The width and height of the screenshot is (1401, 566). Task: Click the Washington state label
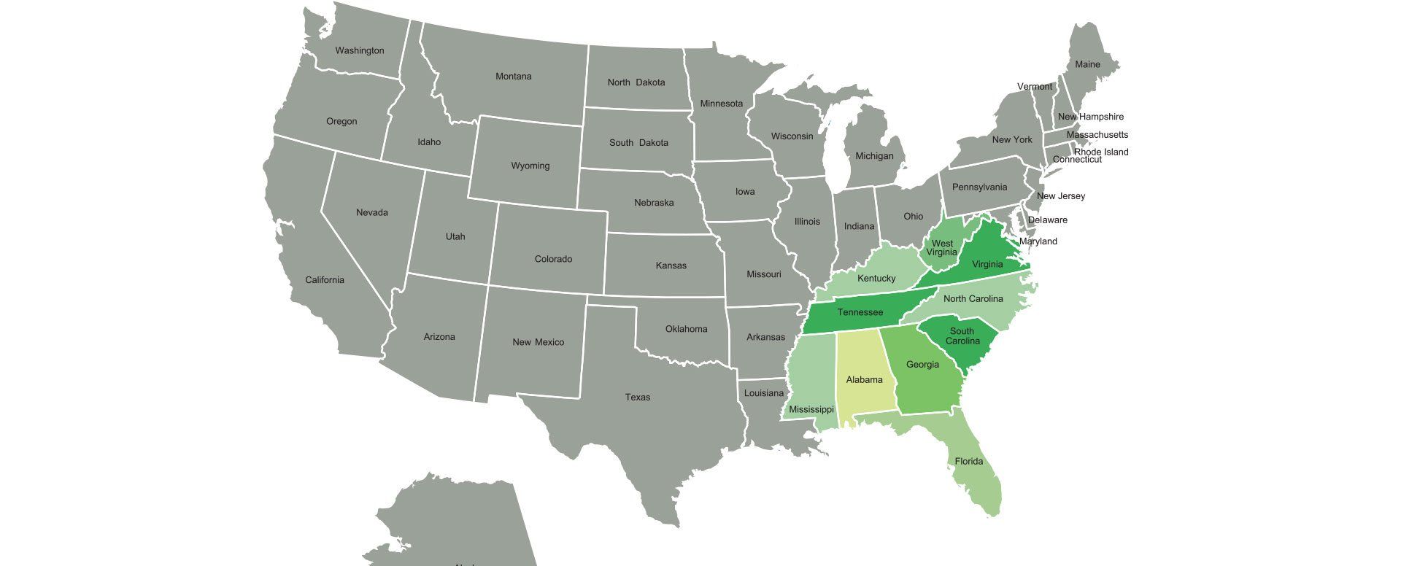point(359,50)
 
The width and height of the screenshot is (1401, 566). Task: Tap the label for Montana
point(513,77)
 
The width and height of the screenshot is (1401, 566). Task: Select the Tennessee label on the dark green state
point(860,312)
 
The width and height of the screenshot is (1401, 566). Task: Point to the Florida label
point(968,461)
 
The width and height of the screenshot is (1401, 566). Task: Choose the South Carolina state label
point(962,336)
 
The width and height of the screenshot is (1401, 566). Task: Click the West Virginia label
point(941,248)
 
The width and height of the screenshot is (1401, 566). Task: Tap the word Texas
point(637,398)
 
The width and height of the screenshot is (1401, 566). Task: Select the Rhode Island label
point(1100,152)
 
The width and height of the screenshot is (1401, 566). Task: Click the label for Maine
point(1087,64)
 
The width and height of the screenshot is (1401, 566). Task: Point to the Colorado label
point(553,259)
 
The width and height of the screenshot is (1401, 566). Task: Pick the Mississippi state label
point(811,410)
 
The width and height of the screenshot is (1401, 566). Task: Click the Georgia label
point(922,365)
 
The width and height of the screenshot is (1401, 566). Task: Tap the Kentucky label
point(876,279)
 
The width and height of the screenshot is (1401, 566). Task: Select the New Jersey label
point(1060,196)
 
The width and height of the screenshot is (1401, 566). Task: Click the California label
point(324,280)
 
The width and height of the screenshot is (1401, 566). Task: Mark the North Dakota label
point(636,82)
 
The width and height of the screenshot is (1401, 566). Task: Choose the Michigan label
point(873,156)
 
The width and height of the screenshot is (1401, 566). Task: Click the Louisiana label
point(763,393)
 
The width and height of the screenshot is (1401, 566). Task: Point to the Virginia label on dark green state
point(987,265)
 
